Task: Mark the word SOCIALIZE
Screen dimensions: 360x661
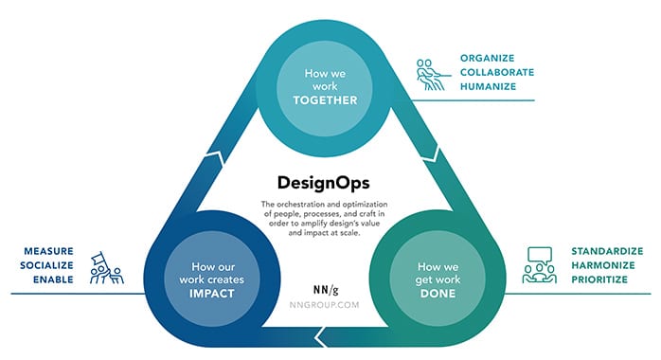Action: coord(46,266)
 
